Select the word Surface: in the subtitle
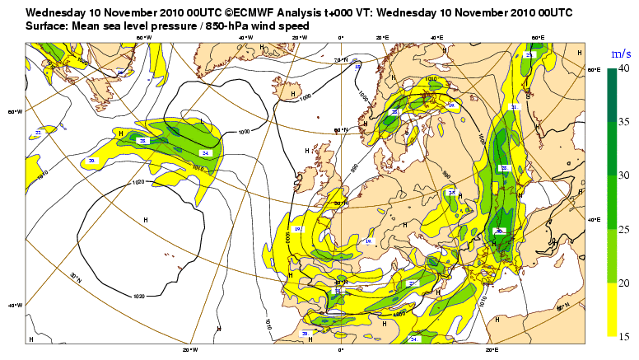click(x=49, y=26)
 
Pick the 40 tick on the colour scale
click(x=623, y=68)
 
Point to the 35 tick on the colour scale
click(x=623, y=122)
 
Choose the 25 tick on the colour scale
click(x=623, y=229)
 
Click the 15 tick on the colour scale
click(x=623, y=335)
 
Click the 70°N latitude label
click(x=338, y=60)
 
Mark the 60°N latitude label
click(x=338, y=130)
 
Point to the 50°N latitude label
click(x=338, y=203)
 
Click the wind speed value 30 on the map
click(x=499, y=231)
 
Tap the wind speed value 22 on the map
click(x=38, y=132)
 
